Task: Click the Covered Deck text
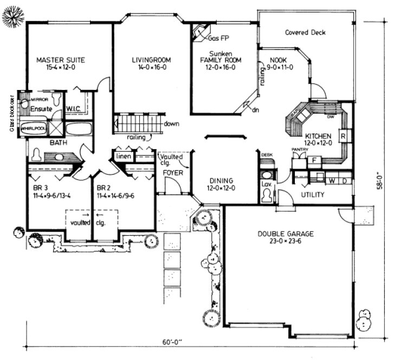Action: point(305,33)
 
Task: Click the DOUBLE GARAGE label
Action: point(285,234)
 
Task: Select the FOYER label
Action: point(173,173)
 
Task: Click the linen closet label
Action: point(122,157)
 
